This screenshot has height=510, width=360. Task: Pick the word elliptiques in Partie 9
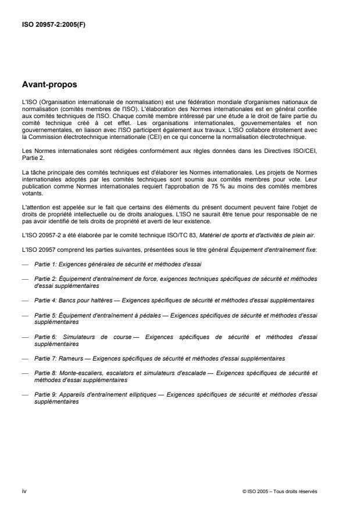(140, 394)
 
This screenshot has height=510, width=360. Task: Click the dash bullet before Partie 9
(24, 394)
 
